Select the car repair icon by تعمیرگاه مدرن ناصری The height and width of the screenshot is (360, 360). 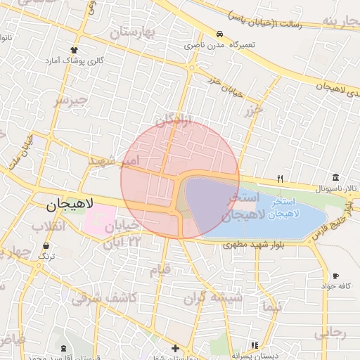pyautogui.click(x=221, y=34)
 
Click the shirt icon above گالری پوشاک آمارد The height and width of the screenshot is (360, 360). pyautogui.click(x=74, y=50)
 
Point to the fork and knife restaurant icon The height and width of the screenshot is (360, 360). pyautogui.click(x=281, y=179)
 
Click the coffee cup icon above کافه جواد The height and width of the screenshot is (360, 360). pyautogui.click(x=335, y=276)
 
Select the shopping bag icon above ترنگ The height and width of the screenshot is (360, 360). pyautogui.click(x=46, y=246)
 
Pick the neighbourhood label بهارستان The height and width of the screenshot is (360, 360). pyautogui.click(x=135, y=32)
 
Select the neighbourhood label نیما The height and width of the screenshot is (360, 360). pyautogui.click(x=270, y=307)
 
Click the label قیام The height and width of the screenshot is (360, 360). pyautogui.click(x=161, y=269)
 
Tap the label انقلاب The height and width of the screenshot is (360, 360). pyautogui.click(x=49, y=226)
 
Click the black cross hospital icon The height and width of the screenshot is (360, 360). pyautogui.click(x=175, y=348)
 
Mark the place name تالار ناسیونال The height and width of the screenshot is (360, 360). pyautogui.click(x=336, y=189)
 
